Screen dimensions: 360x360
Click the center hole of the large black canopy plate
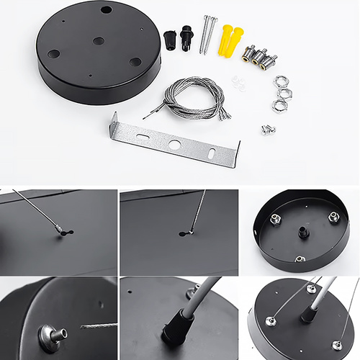[x=99, y=41]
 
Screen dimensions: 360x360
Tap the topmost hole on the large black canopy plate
[x=106, y=10]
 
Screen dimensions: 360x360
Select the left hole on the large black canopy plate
[x=54, y=54]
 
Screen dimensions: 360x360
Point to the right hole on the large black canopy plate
[x=135, y=61]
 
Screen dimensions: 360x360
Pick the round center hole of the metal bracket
[x=174, y=144]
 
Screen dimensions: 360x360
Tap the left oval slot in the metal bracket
[x=142, y=135]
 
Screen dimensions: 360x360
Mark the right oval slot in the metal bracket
[x=210, y=153]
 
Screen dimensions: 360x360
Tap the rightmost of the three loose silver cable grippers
[x=269, y=60]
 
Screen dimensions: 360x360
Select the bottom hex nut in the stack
[x=278, y=106]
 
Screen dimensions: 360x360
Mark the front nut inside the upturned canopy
[x=300, y=258]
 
